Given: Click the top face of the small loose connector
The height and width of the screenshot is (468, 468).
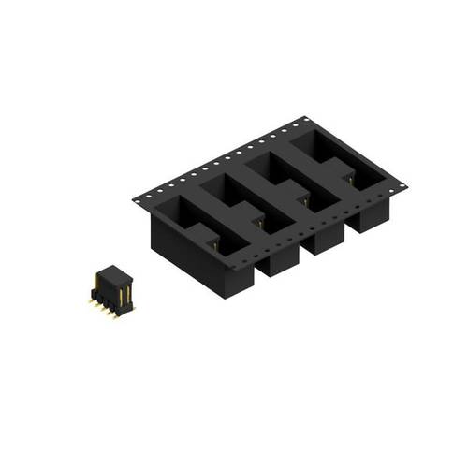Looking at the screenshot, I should pos(110,271).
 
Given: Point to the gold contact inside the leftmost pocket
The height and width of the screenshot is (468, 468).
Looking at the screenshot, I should pos(213,244).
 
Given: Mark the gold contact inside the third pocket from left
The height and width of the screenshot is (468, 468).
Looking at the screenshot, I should pos(305,197).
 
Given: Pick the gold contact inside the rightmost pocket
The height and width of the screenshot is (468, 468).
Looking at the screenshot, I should pos(351,176).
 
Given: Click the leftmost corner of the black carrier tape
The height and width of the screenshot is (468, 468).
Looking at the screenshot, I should pos(134,197).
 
